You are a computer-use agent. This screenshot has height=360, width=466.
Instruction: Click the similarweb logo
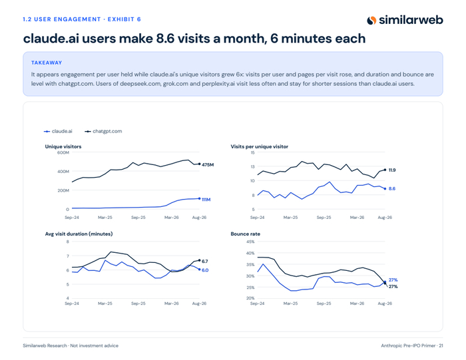(x=405, y=20)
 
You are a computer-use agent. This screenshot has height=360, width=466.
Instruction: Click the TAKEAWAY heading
(x=47, y=63)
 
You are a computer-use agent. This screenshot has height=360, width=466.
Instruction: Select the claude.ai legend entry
(x=58, y=131)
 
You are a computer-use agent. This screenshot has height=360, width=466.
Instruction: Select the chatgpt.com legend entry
(x=103, y=131)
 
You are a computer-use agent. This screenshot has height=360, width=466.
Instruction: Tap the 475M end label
(x=208, y=164)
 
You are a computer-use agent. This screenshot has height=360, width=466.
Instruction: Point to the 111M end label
(x=206, y=200)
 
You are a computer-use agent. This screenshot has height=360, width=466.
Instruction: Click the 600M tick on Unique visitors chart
(x=63, y=152)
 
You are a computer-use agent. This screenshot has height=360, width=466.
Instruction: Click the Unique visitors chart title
(x=63, y=146)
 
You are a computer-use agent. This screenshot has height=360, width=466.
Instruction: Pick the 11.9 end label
(x=392, y=170)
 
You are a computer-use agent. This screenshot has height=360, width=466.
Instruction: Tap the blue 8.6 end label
(x=392, y=188)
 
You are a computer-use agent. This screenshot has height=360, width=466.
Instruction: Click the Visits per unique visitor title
(x=260, y=146)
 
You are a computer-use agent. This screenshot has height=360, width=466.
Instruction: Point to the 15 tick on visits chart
(x=252, y=152)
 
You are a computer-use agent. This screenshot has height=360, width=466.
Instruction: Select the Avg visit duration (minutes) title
(x=79, y=234)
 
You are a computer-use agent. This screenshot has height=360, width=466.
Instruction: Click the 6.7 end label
(x=205, y=262)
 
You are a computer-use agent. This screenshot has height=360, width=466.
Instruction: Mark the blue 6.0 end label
(x=205, y=270)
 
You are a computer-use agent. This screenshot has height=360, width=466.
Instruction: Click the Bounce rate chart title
(x=246, y=234)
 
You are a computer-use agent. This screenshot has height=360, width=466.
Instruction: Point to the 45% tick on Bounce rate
(x=250, y=242)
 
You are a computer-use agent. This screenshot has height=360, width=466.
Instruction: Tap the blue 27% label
(x=393, y=279)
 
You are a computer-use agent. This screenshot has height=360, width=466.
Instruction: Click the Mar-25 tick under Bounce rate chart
(x=290, y=303)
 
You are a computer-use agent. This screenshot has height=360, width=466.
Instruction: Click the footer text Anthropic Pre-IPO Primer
(x=408, y=345)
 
